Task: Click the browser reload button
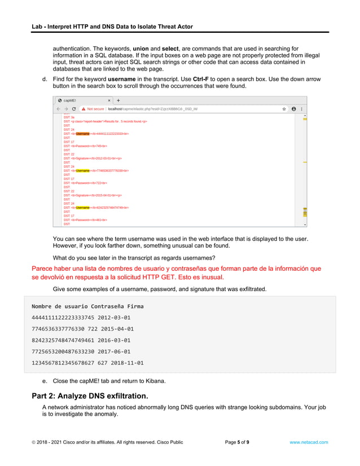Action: pyautogui.click(x=73, y=109)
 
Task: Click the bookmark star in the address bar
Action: pyautogui.click(x=284, y=109)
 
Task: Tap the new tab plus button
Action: pyautogui.click(x=118, y=100)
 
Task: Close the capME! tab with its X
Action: pyautogui.click(x=109, y=100)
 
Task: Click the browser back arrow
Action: pyautogui.click(x=58, y=109)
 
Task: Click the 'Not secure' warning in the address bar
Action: pyautogui.click(x=93, y=109)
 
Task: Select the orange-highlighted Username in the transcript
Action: pyautogui.click(x=83, y=134)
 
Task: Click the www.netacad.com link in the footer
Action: pyautogui.click(x=308, y=442)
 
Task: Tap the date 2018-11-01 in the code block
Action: pyautogui.click(x=127, y=363)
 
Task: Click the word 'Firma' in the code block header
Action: pyautogui.click(x=134, y=306)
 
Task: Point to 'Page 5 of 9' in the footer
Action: pyautogui.click(x=237, y=442)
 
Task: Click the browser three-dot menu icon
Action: pyautogui.click(x=302, y=109)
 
